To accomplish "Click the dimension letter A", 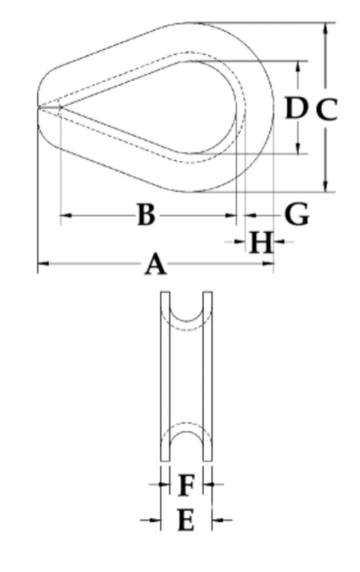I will pos(155,265).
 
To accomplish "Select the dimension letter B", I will pos(147,215).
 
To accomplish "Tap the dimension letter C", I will pos(326,109).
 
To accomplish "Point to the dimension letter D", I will pos(296,108).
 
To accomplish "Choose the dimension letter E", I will pos(185,521).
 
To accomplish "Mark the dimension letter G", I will pos(296,215).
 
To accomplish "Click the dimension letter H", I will pos(260,243).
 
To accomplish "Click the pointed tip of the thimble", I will pos(39,106).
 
